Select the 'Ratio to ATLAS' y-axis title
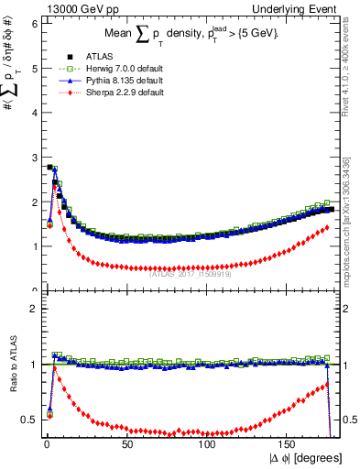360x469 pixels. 12,378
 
